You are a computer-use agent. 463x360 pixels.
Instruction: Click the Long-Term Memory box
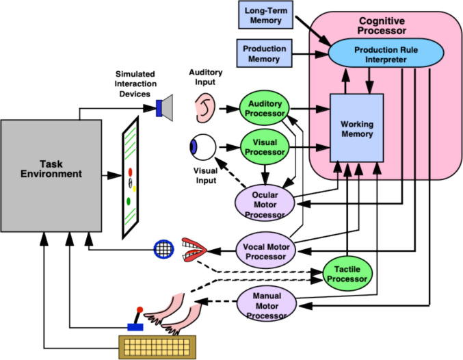tap(265, 15)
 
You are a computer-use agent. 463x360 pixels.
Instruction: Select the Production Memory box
tap(264, 53)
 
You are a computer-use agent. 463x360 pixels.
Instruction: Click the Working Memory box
tap(357, 128)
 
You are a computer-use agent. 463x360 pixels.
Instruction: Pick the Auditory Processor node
tap(264, 108)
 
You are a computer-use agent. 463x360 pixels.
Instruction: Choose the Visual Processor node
tap(265, 147)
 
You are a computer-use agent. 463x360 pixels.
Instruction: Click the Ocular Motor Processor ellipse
tap(265, 203)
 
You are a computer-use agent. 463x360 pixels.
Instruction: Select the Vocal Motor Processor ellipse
tap(266, 250)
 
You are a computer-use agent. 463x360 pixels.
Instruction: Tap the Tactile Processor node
tap(347, 274)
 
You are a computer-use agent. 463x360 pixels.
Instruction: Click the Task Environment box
tap(51, 176)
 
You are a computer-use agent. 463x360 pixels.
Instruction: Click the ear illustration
tap(205, 107)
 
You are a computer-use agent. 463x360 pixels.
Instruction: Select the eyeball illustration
tap(202, 147)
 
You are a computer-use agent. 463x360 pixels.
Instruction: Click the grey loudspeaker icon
tap(164, 108)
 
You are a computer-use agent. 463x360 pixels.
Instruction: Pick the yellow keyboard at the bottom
tap(157, 347)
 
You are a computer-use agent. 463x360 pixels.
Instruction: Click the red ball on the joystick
tap(140, 310)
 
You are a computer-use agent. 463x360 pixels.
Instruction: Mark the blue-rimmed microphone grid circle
tap(164, 249)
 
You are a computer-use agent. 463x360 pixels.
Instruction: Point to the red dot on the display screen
tap(130, 172)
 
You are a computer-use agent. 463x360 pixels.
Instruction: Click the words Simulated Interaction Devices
tap(135, 84)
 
